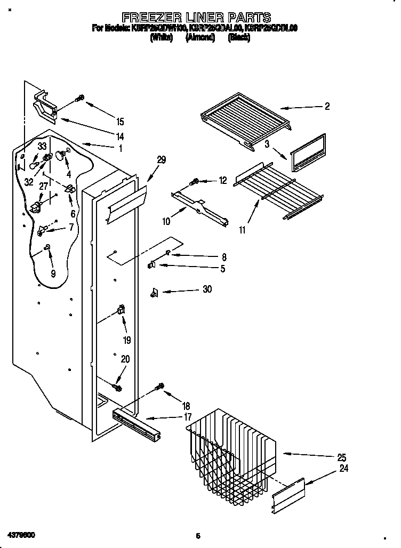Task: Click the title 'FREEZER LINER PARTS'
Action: click(196, 18)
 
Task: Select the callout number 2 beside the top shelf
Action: click(327, 107)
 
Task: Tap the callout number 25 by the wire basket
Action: click(341, 457)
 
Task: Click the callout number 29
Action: click(161, 159)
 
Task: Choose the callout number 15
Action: click(120, 122)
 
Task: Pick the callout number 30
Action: click(207, 289)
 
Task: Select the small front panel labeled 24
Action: click(288, 496)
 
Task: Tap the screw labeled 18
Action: click(160, 386)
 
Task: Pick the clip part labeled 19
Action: click(121, 310)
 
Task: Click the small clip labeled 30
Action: click(155, 292)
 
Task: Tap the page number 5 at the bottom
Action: click(197, 535)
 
